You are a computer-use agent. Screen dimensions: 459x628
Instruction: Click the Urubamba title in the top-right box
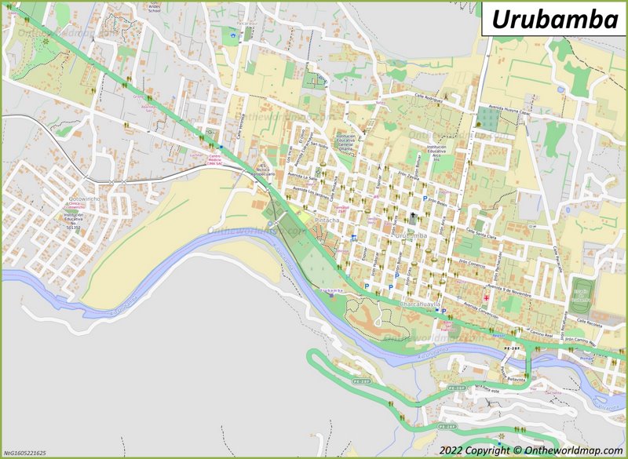(554, 20)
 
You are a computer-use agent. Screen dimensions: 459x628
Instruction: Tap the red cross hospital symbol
(486, 298)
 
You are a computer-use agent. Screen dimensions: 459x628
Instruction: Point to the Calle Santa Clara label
(482, 232)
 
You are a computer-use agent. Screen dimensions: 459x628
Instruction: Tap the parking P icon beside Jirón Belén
(425, 199)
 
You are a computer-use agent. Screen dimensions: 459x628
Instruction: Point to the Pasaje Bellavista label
(514, 377)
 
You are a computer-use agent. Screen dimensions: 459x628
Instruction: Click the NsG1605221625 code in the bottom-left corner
(25, 454)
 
